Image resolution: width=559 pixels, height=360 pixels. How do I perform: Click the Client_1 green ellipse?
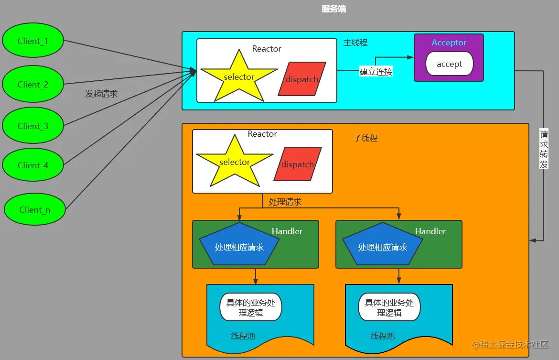(x=32, y=41)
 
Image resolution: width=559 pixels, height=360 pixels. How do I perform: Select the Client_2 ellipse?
(x=32, y=84)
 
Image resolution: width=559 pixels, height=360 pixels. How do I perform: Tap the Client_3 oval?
(x=32, y=126)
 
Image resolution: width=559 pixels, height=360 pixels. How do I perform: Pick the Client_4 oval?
(x=32, y=165)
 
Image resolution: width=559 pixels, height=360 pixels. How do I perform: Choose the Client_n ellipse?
(x=34, y=209)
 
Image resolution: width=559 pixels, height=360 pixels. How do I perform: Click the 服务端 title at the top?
(x=334, y=9)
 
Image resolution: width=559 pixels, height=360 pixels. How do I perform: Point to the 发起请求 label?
(x=101, y=94)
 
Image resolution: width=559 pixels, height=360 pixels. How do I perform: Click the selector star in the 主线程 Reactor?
(x=239, y=77)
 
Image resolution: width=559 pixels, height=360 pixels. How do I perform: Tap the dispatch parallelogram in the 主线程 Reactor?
(x=302, y=79)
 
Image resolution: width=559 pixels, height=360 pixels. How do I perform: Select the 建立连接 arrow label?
(x=376, y=72)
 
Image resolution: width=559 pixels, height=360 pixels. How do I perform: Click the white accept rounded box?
(x=449, y=64)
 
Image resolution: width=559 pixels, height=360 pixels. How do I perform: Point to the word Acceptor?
(x=449, y=43)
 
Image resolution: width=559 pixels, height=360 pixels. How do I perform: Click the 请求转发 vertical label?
(x=544, y=149)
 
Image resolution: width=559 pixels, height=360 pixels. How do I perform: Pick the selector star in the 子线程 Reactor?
(x=235, y=163)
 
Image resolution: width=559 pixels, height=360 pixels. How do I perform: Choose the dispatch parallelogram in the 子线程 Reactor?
(x=297, y=164)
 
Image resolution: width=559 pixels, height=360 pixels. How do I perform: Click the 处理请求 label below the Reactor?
(x=285, y=202)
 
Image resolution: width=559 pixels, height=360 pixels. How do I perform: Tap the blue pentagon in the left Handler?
(x=239, y=245)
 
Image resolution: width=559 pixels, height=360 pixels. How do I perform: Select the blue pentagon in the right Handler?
(x=382, y=245)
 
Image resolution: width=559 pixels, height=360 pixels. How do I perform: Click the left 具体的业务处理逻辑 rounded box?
(x=250, y=307)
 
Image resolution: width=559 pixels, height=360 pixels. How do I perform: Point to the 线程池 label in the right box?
(x=383, y=336)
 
